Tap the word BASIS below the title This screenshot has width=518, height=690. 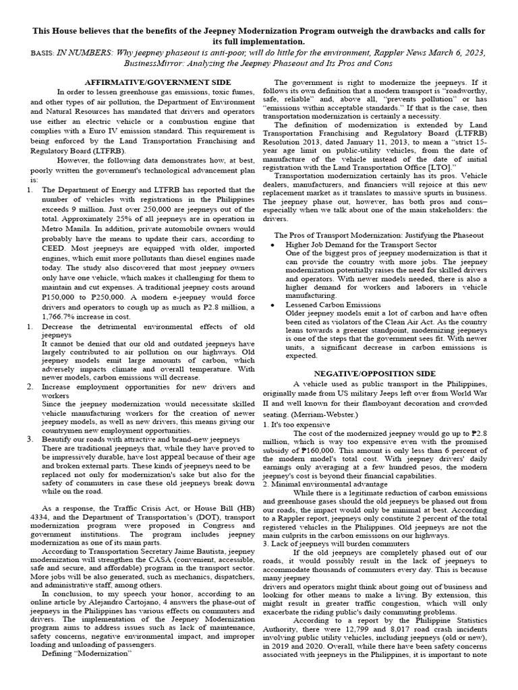coord(42,51)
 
